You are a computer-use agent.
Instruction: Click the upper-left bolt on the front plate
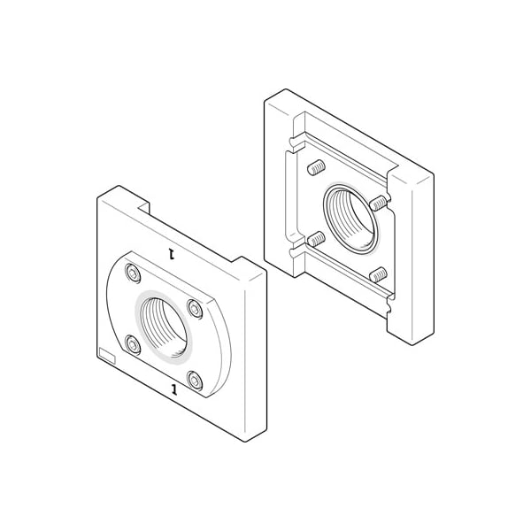[x=133, y=272]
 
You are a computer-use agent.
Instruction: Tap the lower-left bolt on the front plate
[x=133, y=344]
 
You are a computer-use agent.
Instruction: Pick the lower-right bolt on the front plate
[x=196, y=382]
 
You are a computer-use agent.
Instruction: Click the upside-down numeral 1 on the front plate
[x=173, y=255]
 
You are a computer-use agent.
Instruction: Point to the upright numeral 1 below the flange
[x=173, y=389]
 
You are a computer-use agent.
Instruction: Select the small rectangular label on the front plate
[x=106, y=356]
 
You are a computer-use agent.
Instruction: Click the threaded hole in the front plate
[x=165, y=326]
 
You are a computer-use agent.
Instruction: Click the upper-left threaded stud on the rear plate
[x=314, y=166]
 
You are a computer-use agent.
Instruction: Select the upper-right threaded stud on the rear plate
[x=378, y=203]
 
